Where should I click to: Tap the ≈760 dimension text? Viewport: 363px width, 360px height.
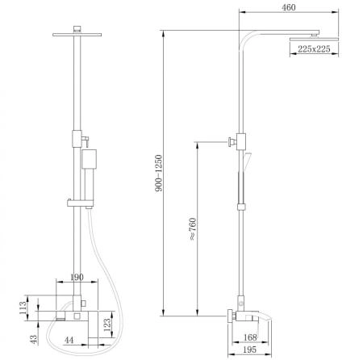(191, 228)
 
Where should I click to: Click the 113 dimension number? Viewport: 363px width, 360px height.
(23, 307)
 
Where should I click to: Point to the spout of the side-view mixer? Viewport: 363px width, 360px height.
(273, 312)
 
